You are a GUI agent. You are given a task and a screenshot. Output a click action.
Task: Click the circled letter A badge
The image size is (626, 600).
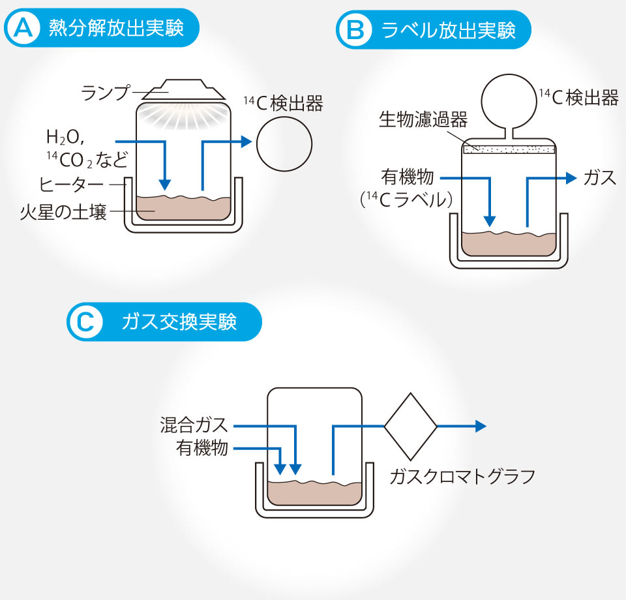tap(23, 28)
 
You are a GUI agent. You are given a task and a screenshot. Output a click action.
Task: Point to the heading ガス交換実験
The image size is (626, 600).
tap(179, 322)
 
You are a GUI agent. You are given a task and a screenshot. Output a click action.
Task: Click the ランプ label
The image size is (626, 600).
tap(105, 92)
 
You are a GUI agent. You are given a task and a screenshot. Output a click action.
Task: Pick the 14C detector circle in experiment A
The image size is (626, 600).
tap(283, 144)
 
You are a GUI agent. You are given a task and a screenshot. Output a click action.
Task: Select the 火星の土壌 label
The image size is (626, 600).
tap(63, 212)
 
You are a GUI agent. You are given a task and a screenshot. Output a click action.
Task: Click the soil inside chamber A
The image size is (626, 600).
tap(183, 208)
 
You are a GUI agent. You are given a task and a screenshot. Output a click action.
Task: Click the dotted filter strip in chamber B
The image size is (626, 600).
tap(509, 149)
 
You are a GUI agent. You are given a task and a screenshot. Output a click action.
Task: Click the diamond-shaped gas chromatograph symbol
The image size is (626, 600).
tap(410, 426)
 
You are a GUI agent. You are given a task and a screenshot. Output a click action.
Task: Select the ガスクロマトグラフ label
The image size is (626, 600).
tap(462, 476)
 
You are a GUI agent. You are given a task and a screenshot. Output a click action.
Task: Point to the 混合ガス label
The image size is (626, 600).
tap(194, 425)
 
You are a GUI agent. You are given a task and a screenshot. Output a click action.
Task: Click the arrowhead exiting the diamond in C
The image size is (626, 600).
tap(481, 426)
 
